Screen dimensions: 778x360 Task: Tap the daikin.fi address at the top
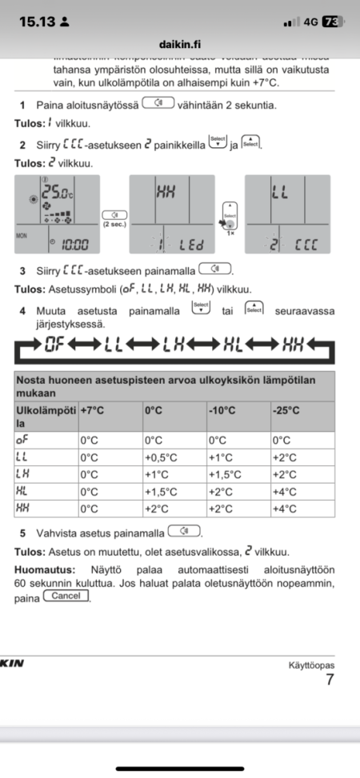pyautogui.click(x=180, y=47)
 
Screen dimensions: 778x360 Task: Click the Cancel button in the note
pyautogui.click(x=66, y=596)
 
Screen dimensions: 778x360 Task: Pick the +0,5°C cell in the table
pyautogui.click(x=160, y=457)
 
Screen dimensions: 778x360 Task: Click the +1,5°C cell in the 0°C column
pyautogui.click(x=160, y=492)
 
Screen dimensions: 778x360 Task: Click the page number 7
pyautogui.click(x=330, y=680)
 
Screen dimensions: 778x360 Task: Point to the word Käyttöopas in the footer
pyautogui.click(x=311, y=665)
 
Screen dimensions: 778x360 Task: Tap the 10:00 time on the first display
pyautogui.click(x=75, y=243)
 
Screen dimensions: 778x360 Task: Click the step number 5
pyautogui.click(x=23, y=532)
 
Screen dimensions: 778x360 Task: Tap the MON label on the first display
pyautogui.click(x=22, y=237)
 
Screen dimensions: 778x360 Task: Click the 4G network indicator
pyautogui.click(x=310, y=22)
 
